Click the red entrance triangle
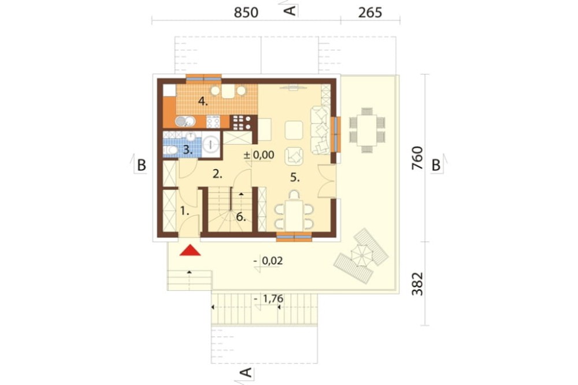pyautogui.click(x=190, y=250)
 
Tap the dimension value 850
pyautogui.click(x=246, y=13)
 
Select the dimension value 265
pyautogui.click(x=370, y=13)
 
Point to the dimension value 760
pyautogui.click(x=417, y=158)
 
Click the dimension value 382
pyautogui.click(x=417, y=284)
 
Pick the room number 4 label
pyautogui.click(x=203, y=101)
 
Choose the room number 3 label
pyautogui.click(x=188, y=150)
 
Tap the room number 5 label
pyautogui.click(x=295, y=177)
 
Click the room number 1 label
pyautogui.click(x=184, y=211)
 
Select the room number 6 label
pyautogui.click(x=240, y=217)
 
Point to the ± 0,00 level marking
pyautogui.click(x=259, y=155)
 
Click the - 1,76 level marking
pyautogui.click(x=269, y=298)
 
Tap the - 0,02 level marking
pyautogui.click(x=268, y=261)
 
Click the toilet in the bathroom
pyautogui.click(x=171, y=150)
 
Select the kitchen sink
pyautogui.click(x=185, y=121)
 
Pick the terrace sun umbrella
pyautogui.click(x=361, y=255)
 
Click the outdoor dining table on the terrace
pyautogui.click(x=367, y=130)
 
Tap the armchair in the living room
pyautogui.click(x=294, y=156)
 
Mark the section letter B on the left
pyautogui.click(x=141, y=165)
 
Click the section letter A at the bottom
pyautogui.click(x=246, y=372)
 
